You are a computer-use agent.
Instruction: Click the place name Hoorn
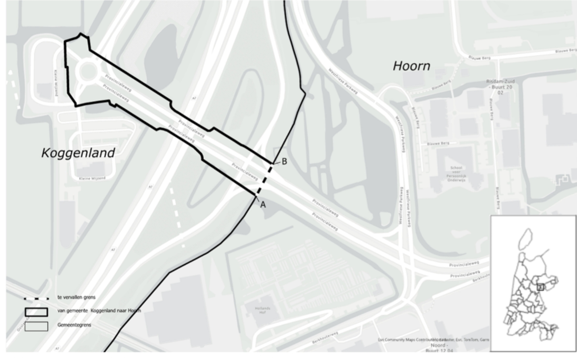coord(411,66)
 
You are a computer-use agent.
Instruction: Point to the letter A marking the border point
coord(263,205)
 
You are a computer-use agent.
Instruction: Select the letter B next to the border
coord(284,162)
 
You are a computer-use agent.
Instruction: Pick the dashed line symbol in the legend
coord(36,299)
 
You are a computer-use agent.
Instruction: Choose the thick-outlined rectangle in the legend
coord(36,312)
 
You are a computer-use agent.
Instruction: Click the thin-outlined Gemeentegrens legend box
coord(36,326)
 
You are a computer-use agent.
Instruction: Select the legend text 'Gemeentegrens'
coord(74,325)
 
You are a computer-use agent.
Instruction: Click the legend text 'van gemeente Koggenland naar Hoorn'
coord(99,310)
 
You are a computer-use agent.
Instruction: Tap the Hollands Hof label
coord(262,310)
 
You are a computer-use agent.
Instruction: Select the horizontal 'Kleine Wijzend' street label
coord(92,178)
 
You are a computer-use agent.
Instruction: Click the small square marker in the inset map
coord(540,287)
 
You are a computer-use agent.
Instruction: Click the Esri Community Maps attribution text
coord(434,340)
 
